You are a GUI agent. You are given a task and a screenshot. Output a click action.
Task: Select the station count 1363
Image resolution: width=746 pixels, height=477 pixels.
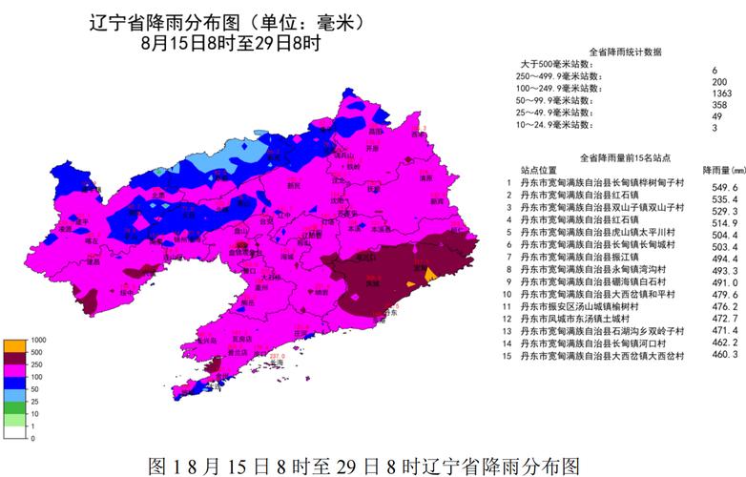pos(720,93)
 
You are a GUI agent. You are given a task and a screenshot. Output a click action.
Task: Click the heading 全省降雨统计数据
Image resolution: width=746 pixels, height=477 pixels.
pos(625,51)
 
